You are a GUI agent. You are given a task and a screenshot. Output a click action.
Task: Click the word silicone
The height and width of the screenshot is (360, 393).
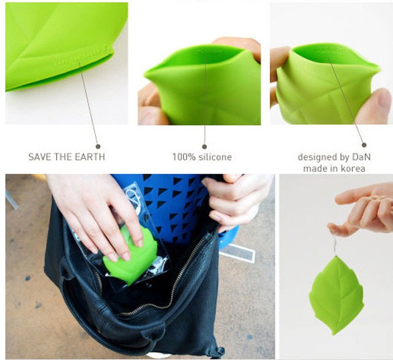tap(215, 157)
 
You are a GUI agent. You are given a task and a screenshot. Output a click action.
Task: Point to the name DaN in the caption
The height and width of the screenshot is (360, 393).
tap(361, 157)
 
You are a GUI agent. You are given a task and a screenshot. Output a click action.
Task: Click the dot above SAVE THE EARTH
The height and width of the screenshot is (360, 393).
tap(98, 147)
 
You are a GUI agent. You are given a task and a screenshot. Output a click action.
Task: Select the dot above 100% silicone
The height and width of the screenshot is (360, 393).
tap(204, 147)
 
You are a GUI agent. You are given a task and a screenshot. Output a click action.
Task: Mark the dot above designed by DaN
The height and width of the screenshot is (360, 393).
tap(364, 145)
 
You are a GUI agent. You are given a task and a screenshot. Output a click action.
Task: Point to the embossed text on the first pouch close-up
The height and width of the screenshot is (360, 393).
tap(80, 57)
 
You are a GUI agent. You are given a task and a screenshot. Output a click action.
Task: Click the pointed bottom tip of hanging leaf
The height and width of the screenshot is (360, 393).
tap(333, 334)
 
